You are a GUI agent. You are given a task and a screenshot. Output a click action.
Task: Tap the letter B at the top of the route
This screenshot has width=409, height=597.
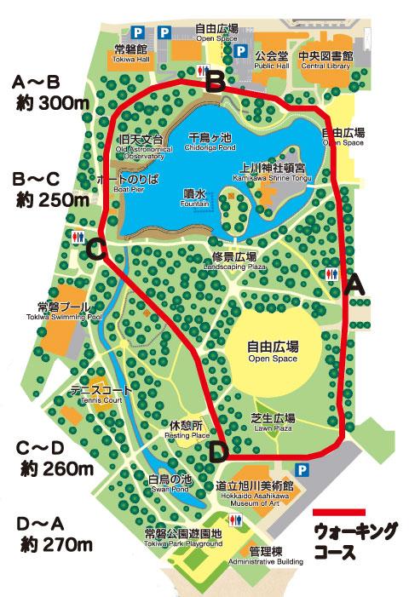[216, 82]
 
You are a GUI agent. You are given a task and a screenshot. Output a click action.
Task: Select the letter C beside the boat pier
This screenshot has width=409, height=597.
[96, 250]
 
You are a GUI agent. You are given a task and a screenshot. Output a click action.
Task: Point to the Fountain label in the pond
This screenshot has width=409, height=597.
[195, 197]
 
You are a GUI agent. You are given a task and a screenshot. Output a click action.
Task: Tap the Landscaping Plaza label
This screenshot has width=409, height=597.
[234, 261]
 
